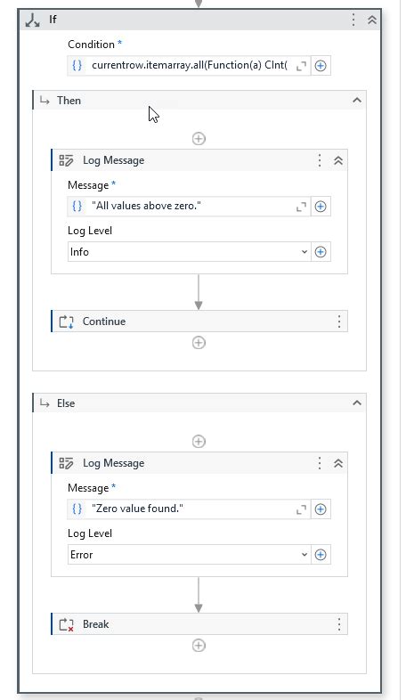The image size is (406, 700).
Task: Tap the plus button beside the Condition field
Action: click(x=321, y=66)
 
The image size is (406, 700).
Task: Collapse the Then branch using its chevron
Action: click(x=357, y=101)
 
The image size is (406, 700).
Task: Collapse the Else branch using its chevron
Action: click(x=357, y=403)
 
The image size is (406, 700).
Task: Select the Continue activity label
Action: click(x=104, y=322)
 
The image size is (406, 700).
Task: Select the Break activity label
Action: click(x=95, y=624)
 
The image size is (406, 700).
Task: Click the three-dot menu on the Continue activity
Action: click(x=338, y=322)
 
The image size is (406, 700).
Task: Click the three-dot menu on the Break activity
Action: click(x=338, y=624)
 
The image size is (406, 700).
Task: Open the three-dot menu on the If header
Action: click(x=353, y=20)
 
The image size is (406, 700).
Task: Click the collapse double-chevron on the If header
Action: click(x=371, y=20)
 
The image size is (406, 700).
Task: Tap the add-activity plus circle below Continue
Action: click(x=199, y=343)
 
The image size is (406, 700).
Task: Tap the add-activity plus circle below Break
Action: click(x=199, y=646)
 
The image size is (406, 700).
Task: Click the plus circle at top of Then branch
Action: click(x=199, y=138)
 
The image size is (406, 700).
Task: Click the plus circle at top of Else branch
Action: click(x=199, y=441)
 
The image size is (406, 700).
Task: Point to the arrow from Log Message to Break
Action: click(x=199, y=594)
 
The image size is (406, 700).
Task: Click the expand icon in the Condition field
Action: click(x=300, y=66)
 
